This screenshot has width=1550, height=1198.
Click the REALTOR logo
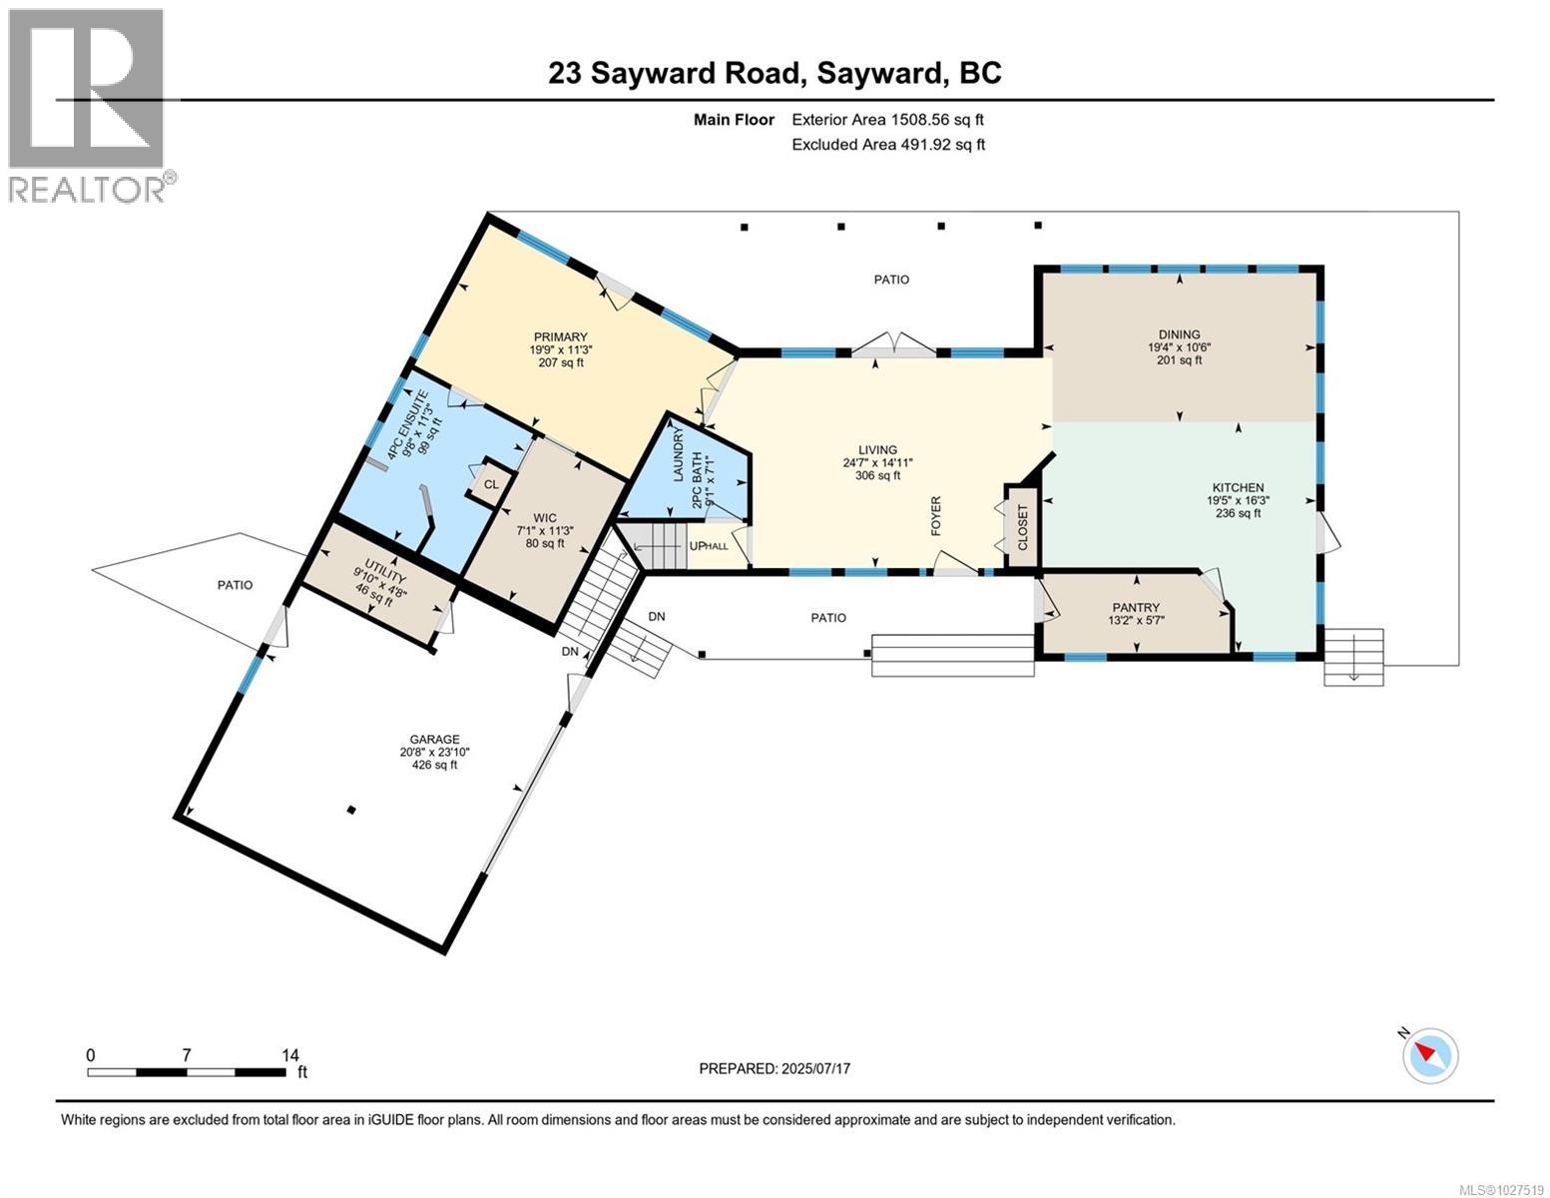pyautogui.click(x=88, y=105)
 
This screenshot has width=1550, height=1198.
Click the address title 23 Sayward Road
pyautogui.click(x=775, y=73)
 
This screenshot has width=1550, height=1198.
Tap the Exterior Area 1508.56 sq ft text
pyautogui.click(x=887, y=120)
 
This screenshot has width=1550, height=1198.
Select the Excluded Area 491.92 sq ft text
pyautogui.click(x=887, y=145)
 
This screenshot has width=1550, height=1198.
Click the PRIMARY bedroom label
pyautogui.click(x=560, y=337)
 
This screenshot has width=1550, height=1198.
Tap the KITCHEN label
pyautogui.click(x=1238, y=488)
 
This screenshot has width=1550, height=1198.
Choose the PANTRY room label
pyautogui.click(x=1136, y=608)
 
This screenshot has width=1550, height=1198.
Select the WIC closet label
pyautogui.click(x=544, y=518)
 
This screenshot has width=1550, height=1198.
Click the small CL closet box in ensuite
pyautogui.click(x=491, y=484)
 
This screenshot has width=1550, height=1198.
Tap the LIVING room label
pyautogui.click(x=877, y=450)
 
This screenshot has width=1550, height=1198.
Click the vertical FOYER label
pyautogui.click(x=936, y=516)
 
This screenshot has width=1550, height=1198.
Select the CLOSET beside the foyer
pyautogui.click(x=1022, y=527)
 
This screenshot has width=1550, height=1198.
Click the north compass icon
pyautogui.click(x=1431, y=1055)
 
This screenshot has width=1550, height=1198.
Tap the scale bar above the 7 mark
pyautogui.click(x=187, y=1072)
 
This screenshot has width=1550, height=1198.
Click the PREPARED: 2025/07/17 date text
pyautogui.click(x=775, y=1068)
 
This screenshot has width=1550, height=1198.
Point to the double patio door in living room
pyautogui.click(x=894, y=345)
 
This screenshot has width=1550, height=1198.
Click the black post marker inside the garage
pyautogui.click(x=351, y=810)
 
